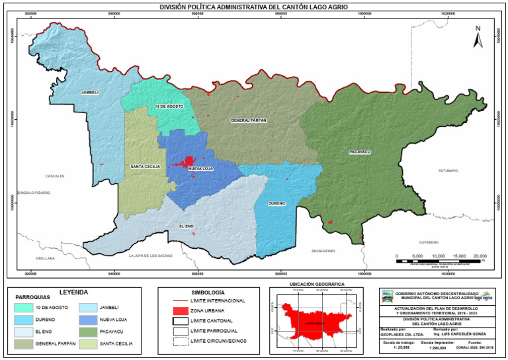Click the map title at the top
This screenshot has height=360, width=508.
point(254,7)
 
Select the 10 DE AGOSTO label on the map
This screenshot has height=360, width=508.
point(169,106)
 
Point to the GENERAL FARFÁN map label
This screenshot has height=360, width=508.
point(249,120)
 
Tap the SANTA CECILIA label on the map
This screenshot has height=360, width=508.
point(144,166)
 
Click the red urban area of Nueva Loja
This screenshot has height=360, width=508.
point(189,161)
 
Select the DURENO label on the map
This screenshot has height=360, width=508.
point(276,202)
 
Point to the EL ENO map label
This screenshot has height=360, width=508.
point(186,226)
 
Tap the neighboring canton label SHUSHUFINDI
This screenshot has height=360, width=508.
point(323,251)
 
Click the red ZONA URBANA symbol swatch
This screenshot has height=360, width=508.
point(178,310)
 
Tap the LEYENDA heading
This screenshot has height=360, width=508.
point(73,292)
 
